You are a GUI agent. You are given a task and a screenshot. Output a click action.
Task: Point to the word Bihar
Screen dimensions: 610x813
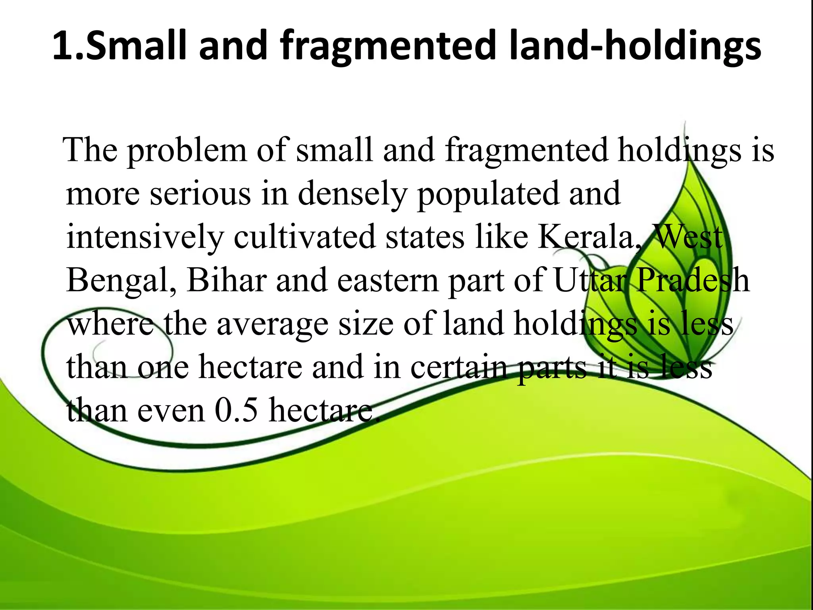(x=227, y=280)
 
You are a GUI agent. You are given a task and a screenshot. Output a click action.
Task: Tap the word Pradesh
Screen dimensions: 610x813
(x=693, y=280)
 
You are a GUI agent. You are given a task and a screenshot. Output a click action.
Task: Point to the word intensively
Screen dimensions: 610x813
(x=145, y=237)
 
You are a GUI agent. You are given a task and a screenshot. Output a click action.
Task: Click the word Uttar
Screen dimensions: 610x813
(x=590, y=280)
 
